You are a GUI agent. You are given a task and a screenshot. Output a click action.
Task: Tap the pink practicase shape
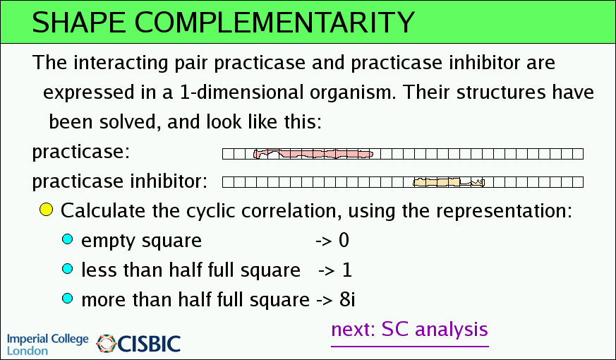click(313, 154)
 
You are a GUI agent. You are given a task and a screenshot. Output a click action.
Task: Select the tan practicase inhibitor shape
click(449, 182)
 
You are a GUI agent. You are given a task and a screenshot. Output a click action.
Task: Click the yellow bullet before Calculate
click(46, 210)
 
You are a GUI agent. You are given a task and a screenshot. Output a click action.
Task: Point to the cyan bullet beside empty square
click(68, 239)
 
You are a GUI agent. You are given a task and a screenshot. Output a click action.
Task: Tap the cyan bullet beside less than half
click(68, 269)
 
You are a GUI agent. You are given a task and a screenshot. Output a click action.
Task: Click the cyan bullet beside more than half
click(68, 299)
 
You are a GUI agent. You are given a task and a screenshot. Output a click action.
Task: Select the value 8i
click(347, 299)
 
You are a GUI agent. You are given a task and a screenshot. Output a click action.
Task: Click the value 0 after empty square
click(344, 240)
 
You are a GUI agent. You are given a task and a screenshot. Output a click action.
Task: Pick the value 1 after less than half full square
click(347, 270)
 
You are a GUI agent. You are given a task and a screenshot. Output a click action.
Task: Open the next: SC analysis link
click(409, 330)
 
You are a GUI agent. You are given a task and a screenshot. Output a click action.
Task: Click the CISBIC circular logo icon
click(107, 344)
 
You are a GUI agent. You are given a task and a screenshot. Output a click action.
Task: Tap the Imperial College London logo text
click(48, 344)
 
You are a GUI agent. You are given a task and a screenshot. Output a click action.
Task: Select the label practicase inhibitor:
click(119, 181)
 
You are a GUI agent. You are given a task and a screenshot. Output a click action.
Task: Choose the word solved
click(130, 122)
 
